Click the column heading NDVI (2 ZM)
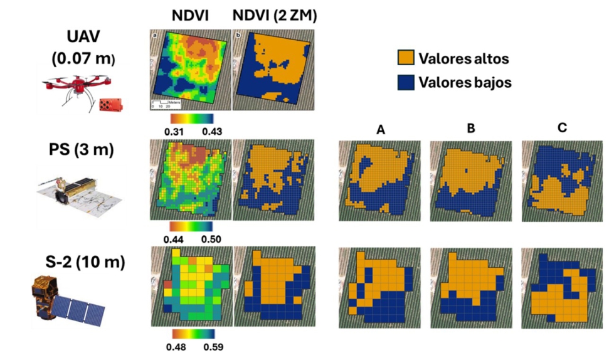(x=274, y=17)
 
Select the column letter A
(x=380, y=129)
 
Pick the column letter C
(x=562, y=128)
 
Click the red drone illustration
(x=80, y=91)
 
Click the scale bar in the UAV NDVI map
(x=164, y=102)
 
